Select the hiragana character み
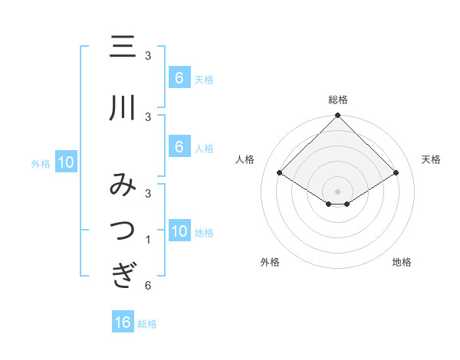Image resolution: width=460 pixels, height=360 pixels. coord(123,186)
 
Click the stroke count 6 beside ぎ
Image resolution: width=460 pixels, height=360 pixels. coord(147,286)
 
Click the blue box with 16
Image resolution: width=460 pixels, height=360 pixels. coord(123,322)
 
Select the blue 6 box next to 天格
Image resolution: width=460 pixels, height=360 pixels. coord(179,78)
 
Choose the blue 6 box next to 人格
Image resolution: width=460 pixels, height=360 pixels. coord(179,147)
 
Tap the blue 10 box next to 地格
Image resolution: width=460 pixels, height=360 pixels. coord(179,231)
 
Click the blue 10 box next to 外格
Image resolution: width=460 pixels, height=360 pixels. coord(66,162)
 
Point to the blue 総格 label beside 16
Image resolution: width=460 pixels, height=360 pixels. coord(147,324)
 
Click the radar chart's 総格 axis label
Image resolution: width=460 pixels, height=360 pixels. coord(337,100)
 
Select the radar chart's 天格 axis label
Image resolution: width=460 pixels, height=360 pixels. coord(432,159)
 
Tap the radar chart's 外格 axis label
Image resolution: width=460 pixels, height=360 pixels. coord(270,262)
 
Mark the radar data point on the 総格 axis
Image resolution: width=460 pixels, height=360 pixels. coord(337,116)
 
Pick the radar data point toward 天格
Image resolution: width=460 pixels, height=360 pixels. coord(396,173)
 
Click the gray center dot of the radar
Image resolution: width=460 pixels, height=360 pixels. coord(337,191)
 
